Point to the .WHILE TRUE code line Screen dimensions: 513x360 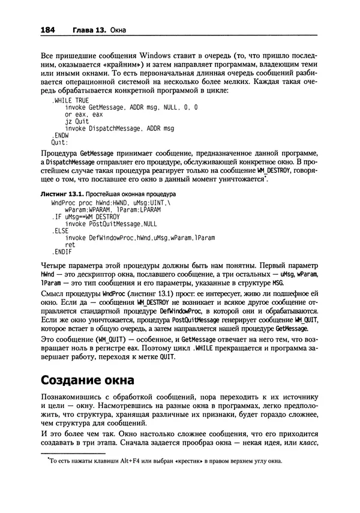coord(70,100)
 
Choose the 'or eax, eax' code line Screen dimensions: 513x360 coord(84,114)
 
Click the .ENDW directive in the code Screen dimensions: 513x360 coord(60,136)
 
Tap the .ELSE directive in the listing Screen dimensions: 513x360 coord(61,231)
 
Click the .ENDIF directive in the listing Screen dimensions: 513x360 coord(63,252)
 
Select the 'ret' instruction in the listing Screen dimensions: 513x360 coord(70,245)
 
